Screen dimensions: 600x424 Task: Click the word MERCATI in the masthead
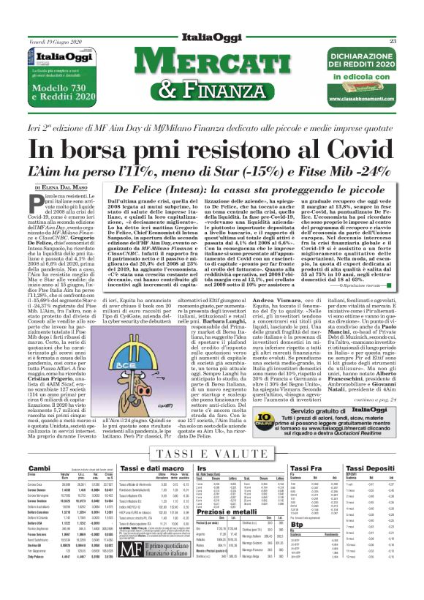213,65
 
